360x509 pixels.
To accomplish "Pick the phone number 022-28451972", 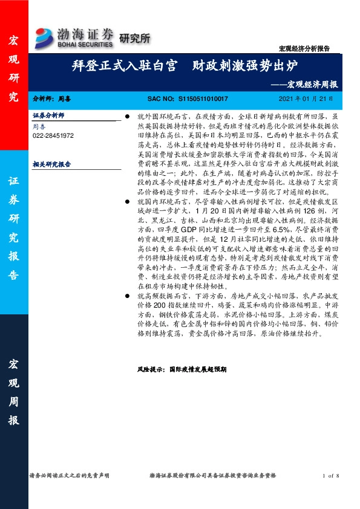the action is [x=53, y=136].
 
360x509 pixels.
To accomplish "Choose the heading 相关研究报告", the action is [x=52, y=163].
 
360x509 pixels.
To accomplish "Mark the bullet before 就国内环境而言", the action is [x=126, y=199].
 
